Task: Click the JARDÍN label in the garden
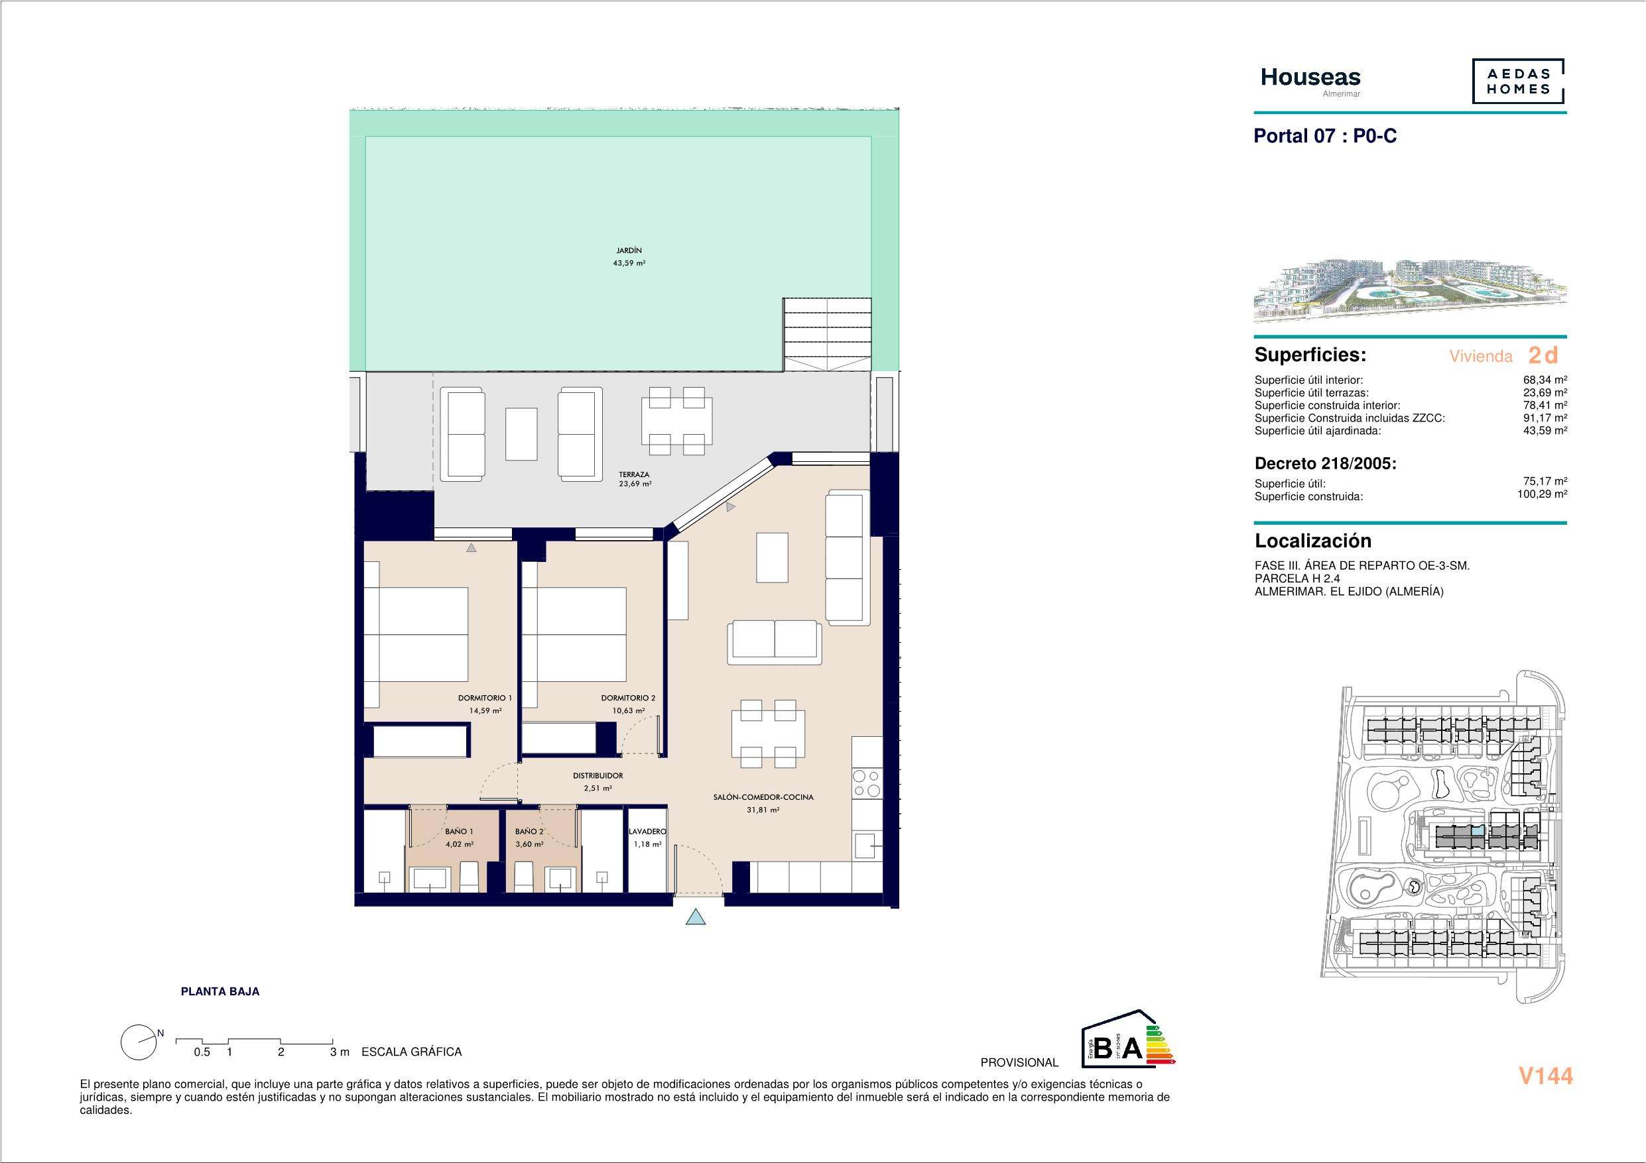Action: pyautogui.click(x=629, y=250)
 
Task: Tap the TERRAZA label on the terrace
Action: pyautogui.click(x=635, y=474)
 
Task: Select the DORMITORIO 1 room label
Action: pyautogui.click(x=485, y=698)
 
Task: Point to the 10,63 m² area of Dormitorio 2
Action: pyautogui.click(x=629, y=711)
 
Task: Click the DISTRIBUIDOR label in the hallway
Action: pyautogui.click(x=598, y=775)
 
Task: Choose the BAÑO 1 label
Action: pyautogui.click(x=459, y=831)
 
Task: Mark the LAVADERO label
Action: pyautogui.click(x=647, y=831)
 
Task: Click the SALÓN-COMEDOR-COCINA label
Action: pyautogui.click(x=763, y=797)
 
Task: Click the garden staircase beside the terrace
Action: pyautogui.click(x=827, y=334)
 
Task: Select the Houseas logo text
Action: pyautogui.click(x=1310, y=78)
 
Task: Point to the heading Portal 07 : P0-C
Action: pyautogui.click(x=1325, y=136)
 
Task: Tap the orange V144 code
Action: pyautogui.click(x=1546, y=1076)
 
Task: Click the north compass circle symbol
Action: pyautogui.click(x=139, y=1042)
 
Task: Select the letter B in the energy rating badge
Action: pyautogui.click(x=1104, y=1049)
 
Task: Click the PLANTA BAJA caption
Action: pyautogui.click(x=220, y=992)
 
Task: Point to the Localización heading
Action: pyautogui.click(x=1312, y=541)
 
